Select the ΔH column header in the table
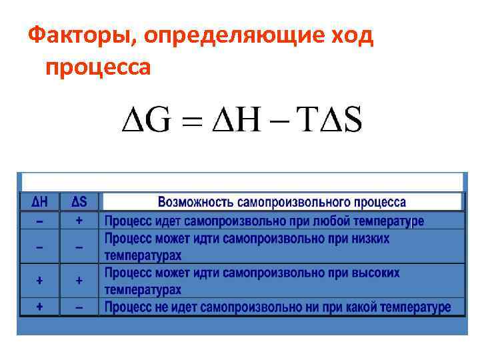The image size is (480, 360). pyautogui.click(x=39, y=201)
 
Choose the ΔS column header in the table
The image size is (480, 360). pyautogui.click(x=79, y=201)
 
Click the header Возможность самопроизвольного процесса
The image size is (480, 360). pyautogui.click(x=281, y=202)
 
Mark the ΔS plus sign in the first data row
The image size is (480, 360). pyautogui.click(x=79, y=220)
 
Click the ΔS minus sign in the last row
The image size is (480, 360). pyautogui.click(x=79, y=308)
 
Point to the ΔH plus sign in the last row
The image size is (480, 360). pyautogui.click(x=39, y=307)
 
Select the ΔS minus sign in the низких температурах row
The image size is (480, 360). pyautogui.click(x=79, y=247)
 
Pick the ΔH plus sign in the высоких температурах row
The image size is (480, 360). pyautogui.click(x=39, y=281)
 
